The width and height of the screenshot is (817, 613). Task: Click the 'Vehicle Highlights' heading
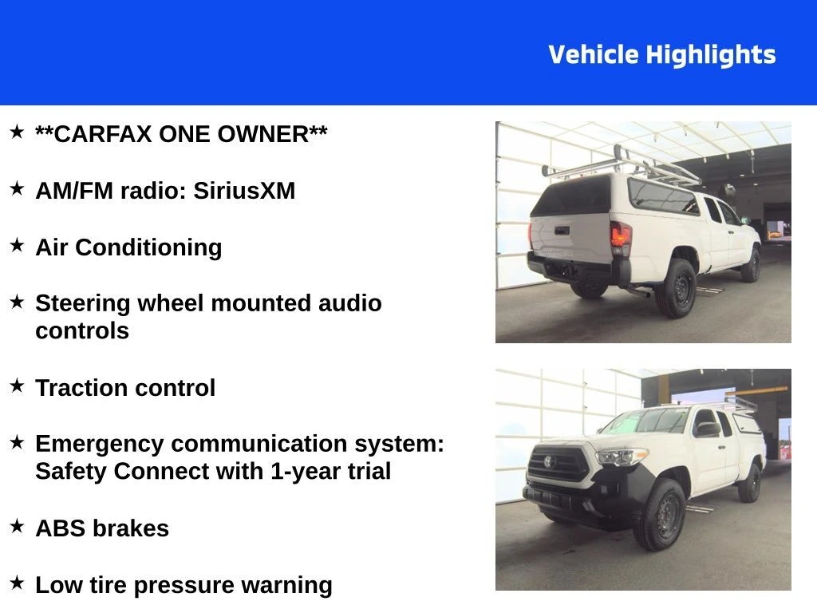click(x=661, y=55)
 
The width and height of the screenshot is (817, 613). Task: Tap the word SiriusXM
click(x=244, y=190)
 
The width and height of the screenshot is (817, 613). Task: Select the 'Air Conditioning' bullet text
click(x=128, y=247)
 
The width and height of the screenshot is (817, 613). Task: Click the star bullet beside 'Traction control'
click(x=17, y=386)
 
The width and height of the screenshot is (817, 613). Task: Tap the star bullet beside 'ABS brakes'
click(x=17, y=526)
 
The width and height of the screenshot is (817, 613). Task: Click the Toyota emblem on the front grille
click(x=549, y=462)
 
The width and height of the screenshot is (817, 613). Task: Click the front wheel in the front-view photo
click(x=659, y=515)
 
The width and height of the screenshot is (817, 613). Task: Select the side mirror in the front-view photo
click(x=707, y=429)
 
